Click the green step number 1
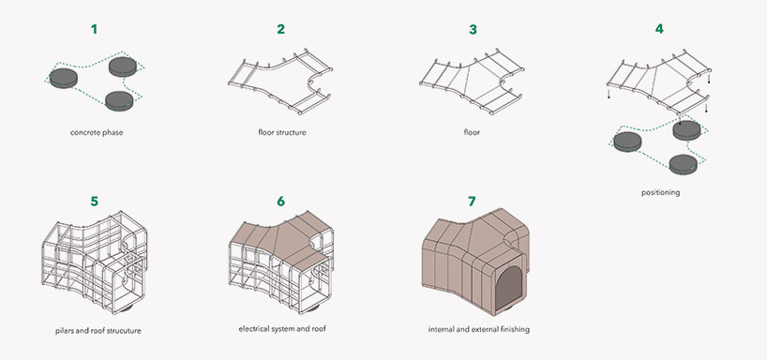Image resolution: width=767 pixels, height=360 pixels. (x=94, y=29)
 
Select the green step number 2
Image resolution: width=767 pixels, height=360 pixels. (x=280, y=29)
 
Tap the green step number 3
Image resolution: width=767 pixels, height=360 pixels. (x=472, y=29)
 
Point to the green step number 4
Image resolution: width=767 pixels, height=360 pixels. (x=659, y=29)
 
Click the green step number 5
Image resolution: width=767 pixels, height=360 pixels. (x=94, y=201)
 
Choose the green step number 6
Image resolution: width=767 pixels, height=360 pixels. (x=280, y=201)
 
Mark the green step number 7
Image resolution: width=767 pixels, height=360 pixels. (x=472, y=201)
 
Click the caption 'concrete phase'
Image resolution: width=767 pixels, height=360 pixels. (x=97, y=132)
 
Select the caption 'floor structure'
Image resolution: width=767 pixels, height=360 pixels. (x=282, y=132)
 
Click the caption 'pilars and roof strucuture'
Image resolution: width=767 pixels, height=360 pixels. (x=98, y=331)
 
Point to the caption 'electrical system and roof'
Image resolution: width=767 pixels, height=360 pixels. (x=282, y=329)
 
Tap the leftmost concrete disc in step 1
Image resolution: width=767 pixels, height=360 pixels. (x=65, y=76)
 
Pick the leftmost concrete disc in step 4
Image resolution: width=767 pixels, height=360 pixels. (x=627, y=142)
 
